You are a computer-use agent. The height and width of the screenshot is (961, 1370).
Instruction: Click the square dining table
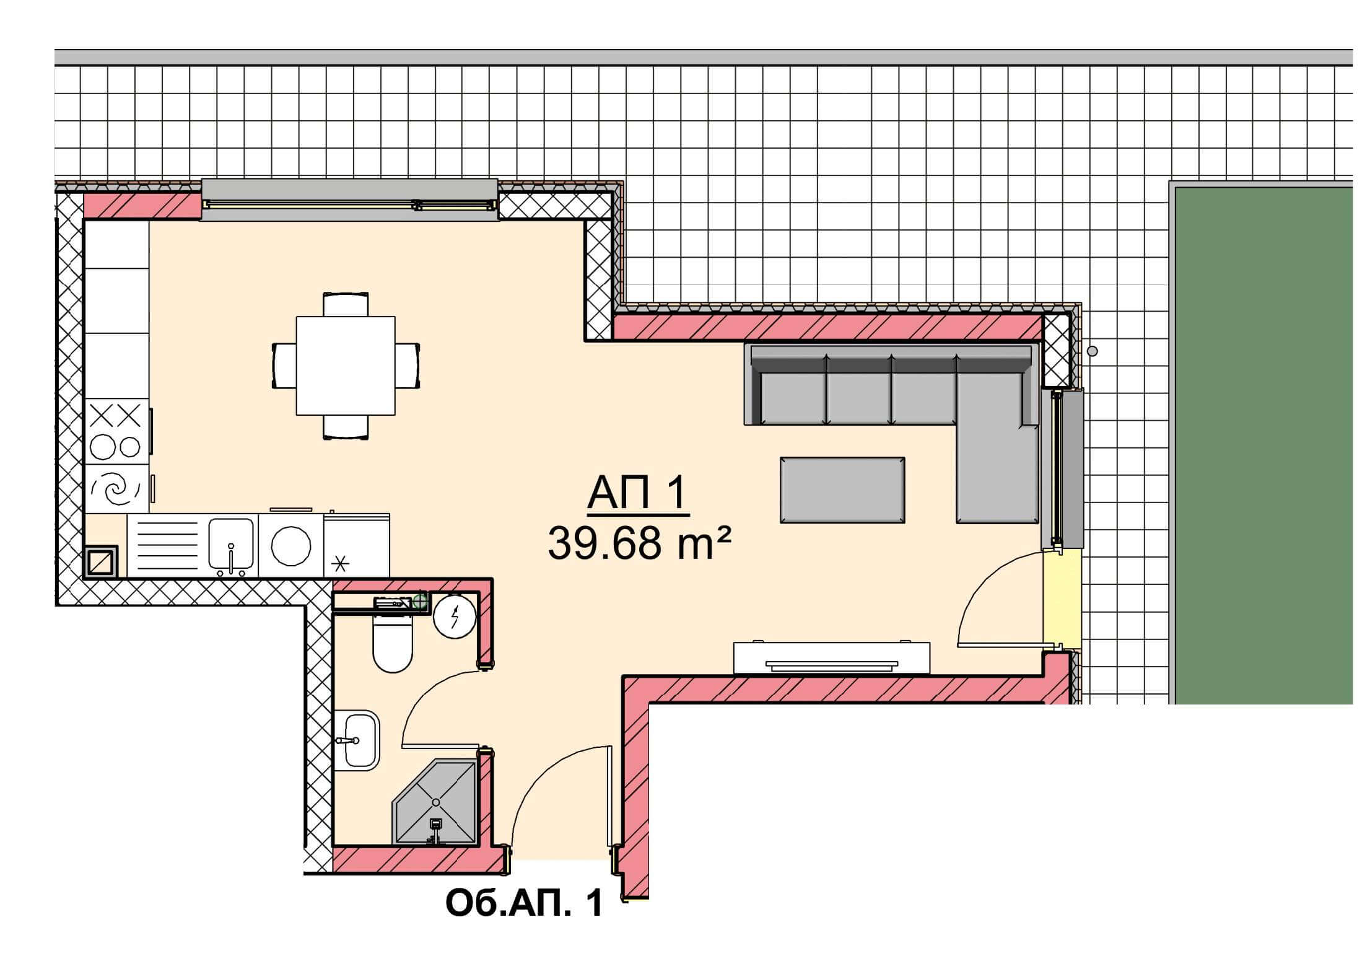click(346, 366)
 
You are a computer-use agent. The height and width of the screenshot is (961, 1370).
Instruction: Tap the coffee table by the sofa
click(842, 490)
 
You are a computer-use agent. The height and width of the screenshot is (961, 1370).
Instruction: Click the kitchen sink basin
click(231, 544)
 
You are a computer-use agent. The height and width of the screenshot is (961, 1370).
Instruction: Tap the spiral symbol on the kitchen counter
click(115, 490)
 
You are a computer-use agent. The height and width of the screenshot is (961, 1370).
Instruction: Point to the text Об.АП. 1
click(524, 904)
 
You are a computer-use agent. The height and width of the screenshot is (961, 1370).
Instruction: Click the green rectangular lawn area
click(1263, 445)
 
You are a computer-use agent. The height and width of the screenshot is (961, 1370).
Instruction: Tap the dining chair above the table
click(346, 304)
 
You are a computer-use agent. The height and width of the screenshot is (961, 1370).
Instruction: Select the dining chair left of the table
click(284, 366)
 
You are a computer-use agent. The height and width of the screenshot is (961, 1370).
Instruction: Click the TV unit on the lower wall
click(832, 658)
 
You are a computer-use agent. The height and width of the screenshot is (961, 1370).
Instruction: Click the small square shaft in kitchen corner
click(100, 562)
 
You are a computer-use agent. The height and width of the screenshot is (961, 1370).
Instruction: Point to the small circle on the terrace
click(1093, 351)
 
